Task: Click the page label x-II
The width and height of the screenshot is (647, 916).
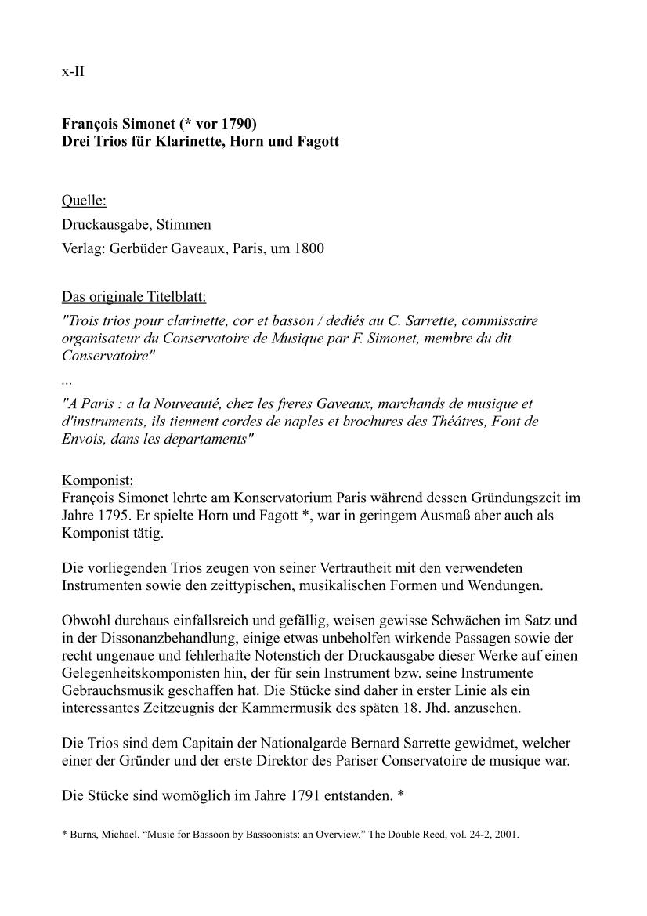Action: [x=73, y=72]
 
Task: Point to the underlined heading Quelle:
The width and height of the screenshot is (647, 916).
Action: [x=84, y=201]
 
